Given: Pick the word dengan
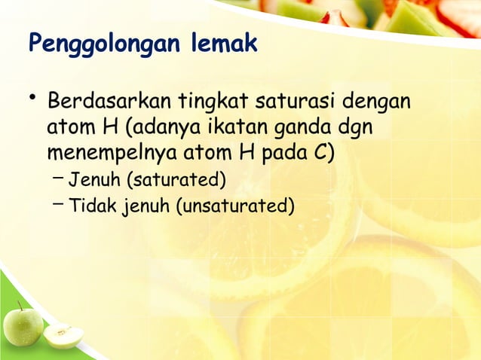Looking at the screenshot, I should tap(375, 102).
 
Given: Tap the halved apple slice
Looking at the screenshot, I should tap(63, 335).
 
